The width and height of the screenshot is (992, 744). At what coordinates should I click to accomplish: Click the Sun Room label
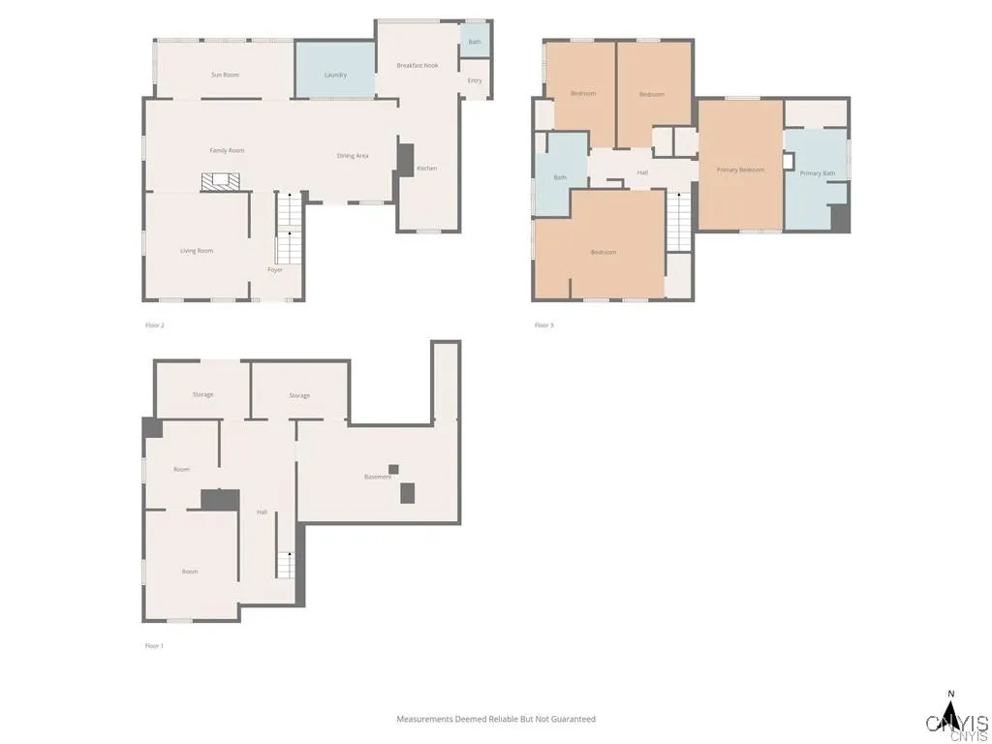pos(225,75)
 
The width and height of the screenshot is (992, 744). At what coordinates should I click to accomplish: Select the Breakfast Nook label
pos(418,65)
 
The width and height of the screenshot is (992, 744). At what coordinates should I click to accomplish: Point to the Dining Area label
pos(353,155)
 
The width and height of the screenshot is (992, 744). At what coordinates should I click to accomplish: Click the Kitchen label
pos(426,169)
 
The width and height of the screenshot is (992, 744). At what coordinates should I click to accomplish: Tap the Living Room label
pos(197,251)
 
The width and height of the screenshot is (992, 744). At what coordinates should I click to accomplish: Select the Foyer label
pos(275,269)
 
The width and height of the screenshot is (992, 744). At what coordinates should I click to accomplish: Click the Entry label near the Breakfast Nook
pos(475,80)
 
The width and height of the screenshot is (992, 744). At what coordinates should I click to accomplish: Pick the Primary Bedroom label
pos(740,170)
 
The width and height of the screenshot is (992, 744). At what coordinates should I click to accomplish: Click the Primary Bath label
pos(817,173)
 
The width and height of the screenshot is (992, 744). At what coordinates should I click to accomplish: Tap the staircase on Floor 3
pos(679,222)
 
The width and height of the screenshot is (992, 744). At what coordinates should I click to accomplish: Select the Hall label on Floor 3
pos(642,172)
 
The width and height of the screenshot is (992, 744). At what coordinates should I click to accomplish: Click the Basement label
pos(378,477)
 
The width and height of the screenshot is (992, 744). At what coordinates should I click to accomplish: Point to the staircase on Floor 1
pos(285,564)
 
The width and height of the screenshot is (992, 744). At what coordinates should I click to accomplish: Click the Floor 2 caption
pos(155,325)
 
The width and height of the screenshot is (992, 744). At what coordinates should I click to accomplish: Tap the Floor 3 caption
pos(544,325)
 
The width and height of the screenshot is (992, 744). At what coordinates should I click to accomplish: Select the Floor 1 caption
pos(154,645)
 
